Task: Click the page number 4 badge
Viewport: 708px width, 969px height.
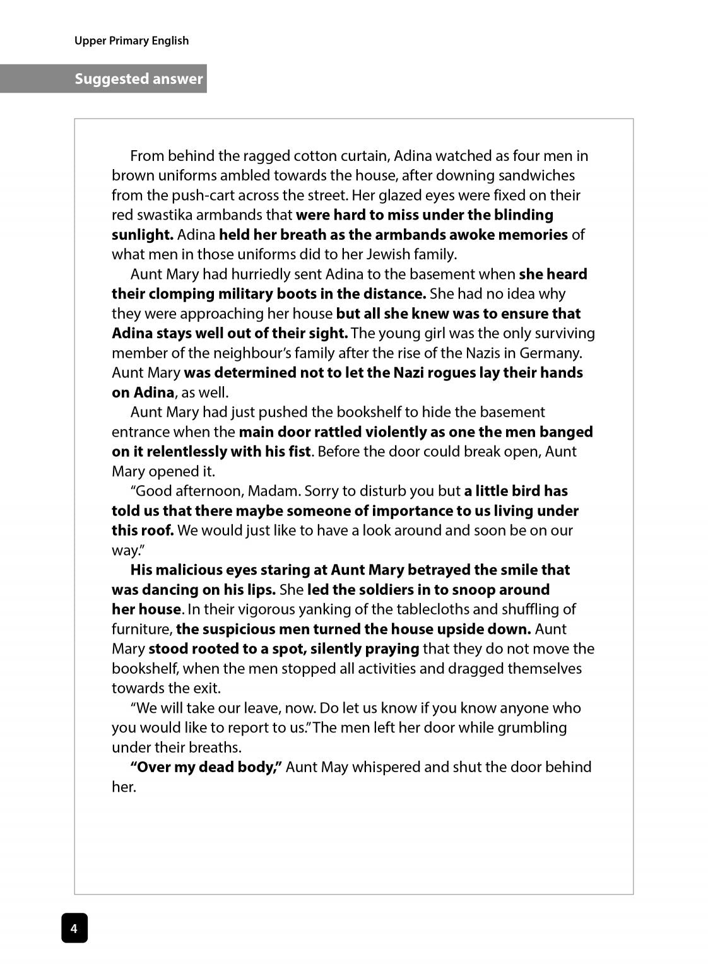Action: (74, 928)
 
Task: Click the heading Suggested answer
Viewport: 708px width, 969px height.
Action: (139, 79)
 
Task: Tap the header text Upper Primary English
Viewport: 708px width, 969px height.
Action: (131, 40)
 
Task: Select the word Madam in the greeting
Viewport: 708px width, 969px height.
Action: (269, 491)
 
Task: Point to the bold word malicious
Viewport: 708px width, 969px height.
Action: (188, 570)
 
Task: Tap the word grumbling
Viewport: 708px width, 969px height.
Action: (533, 727)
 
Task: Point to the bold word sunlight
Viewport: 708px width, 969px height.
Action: (142, 235)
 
